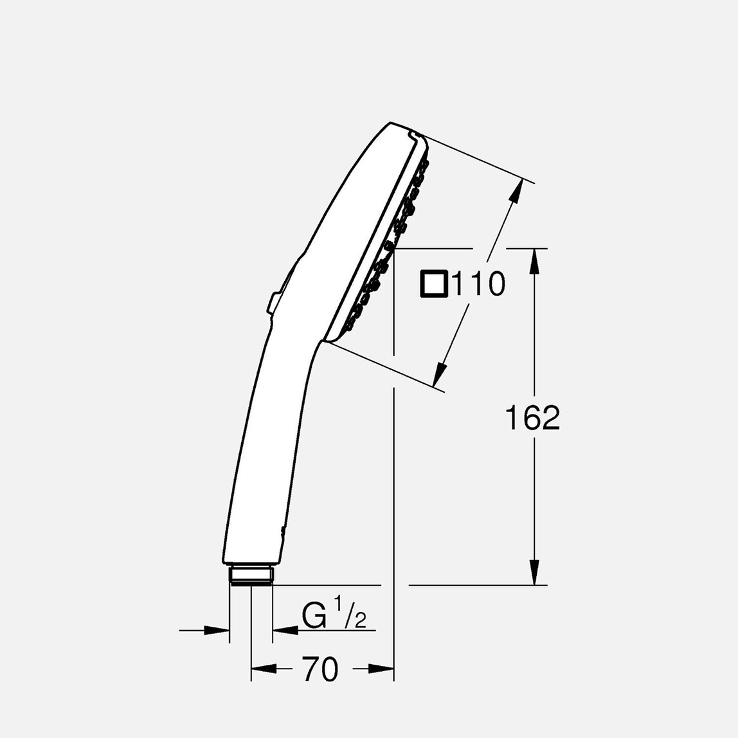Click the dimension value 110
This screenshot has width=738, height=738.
click(479, 284)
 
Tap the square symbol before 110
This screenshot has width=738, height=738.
click(433, 284)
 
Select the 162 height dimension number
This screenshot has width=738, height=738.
click(532, 419)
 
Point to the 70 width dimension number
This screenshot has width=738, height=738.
click(320, 669)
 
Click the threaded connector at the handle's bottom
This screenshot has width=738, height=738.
click(251, 575)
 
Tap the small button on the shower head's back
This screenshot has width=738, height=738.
click(273, 302)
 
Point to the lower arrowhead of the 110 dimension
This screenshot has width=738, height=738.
click(440, 375)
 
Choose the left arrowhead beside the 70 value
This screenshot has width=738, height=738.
click(264, 669)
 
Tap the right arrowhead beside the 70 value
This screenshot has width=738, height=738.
click(381, 669)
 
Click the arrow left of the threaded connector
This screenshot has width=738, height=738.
click(216, 631)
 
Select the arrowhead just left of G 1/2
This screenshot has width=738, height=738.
click(285, 631)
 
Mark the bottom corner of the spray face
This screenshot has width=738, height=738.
click(327, 341)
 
